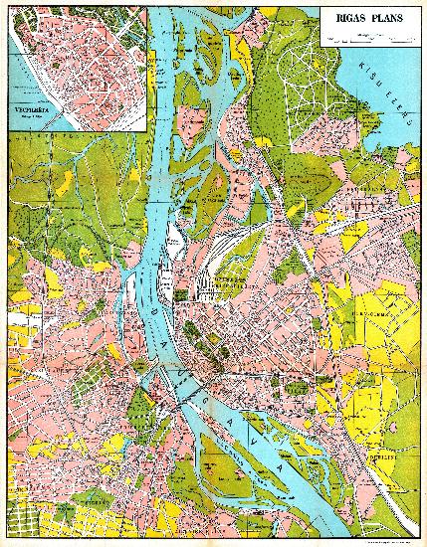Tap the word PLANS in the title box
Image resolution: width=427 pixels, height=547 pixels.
[387, 17]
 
